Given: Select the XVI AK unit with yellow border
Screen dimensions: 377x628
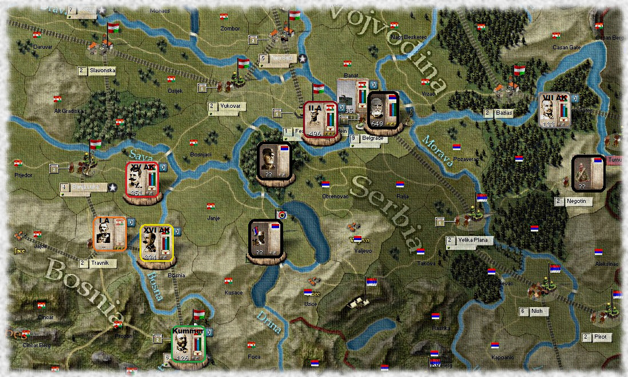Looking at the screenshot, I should click(157, 243).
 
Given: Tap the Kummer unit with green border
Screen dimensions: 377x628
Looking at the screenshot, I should click(188, 344).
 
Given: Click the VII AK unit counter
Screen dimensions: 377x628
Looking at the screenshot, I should click(557, 109).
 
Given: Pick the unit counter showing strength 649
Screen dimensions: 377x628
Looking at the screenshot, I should click(383, 109).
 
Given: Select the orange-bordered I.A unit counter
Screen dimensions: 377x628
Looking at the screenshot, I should click(110, 234).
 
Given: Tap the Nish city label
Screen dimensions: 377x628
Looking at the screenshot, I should click(536, 312).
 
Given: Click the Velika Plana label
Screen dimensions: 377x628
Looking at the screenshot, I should click(472, 240).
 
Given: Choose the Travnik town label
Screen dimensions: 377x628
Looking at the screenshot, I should click(101, 263).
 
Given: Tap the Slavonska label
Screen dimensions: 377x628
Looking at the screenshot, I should click(101, 70).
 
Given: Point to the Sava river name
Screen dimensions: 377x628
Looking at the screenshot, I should click(138, 155).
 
